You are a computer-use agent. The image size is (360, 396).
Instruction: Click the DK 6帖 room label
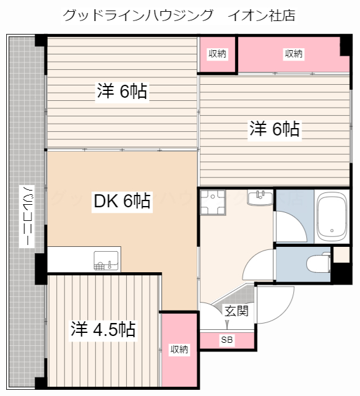coord(122,200)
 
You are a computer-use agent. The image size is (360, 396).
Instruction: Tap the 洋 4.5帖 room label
coord(103,329)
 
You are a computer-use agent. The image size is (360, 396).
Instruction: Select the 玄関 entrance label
coord(236,311)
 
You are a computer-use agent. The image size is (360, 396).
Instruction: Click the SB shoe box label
coord(227,340)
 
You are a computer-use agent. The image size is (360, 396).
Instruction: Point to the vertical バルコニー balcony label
coord(27,216)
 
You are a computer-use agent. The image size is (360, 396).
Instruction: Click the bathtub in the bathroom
coord(332,217)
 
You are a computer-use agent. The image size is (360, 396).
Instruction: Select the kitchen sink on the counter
coord(106,260)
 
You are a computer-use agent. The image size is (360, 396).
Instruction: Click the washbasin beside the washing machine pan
coord(260,198)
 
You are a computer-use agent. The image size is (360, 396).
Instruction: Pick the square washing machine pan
coord(213,202)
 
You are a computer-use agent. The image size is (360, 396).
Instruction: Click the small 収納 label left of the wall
coord(217,54)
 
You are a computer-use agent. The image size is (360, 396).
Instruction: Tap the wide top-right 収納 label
coord(293,54)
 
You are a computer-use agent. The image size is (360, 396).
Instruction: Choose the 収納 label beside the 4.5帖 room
coord(179,349)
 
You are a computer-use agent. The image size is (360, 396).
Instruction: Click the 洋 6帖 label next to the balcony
coord(122,91)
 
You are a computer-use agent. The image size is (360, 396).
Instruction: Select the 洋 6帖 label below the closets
coord(275,129)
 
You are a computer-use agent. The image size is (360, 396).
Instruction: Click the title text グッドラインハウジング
coord(138,15)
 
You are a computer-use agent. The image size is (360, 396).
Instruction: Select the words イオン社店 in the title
coord(262,15)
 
